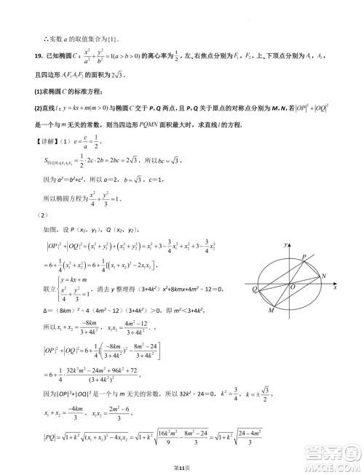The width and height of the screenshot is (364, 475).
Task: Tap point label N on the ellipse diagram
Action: click(324, 276)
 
